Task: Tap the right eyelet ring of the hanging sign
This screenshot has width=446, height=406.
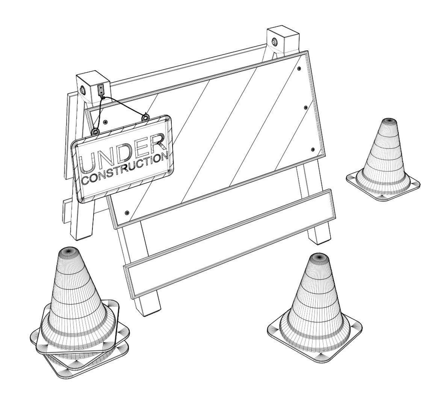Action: (145, 118)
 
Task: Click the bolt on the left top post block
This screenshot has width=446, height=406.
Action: (83, 90)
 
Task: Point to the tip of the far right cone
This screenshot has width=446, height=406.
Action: (388, 121)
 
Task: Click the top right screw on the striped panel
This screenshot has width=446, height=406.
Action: (299, 69)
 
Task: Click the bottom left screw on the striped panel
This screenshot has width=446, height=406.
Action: (127, 213)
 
